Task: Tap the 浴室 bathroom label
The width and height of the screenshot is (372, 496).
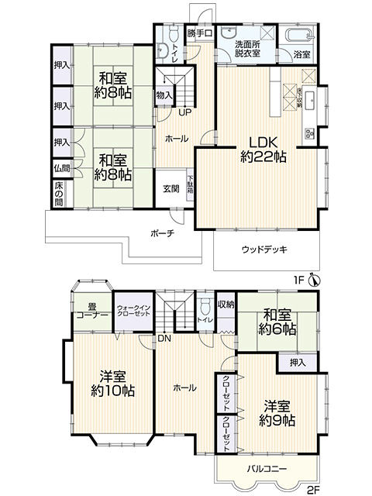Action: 302,54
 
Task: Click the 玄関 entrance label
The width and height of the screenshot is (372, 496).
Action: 170,188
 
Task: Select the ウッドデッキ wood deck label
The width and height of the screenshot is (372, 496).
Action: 263,249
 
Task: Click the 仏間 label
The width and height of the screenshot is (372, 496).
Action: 60,167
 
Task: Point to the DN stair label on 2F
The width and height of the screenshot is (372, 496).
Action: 164,338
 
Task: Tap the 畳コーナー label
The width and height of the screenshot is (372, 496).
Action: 91,311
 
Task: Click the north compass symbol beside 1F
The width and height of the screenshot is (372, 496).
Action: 313,280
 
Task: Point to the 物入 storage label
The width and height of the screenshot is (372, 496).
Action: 164,95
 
